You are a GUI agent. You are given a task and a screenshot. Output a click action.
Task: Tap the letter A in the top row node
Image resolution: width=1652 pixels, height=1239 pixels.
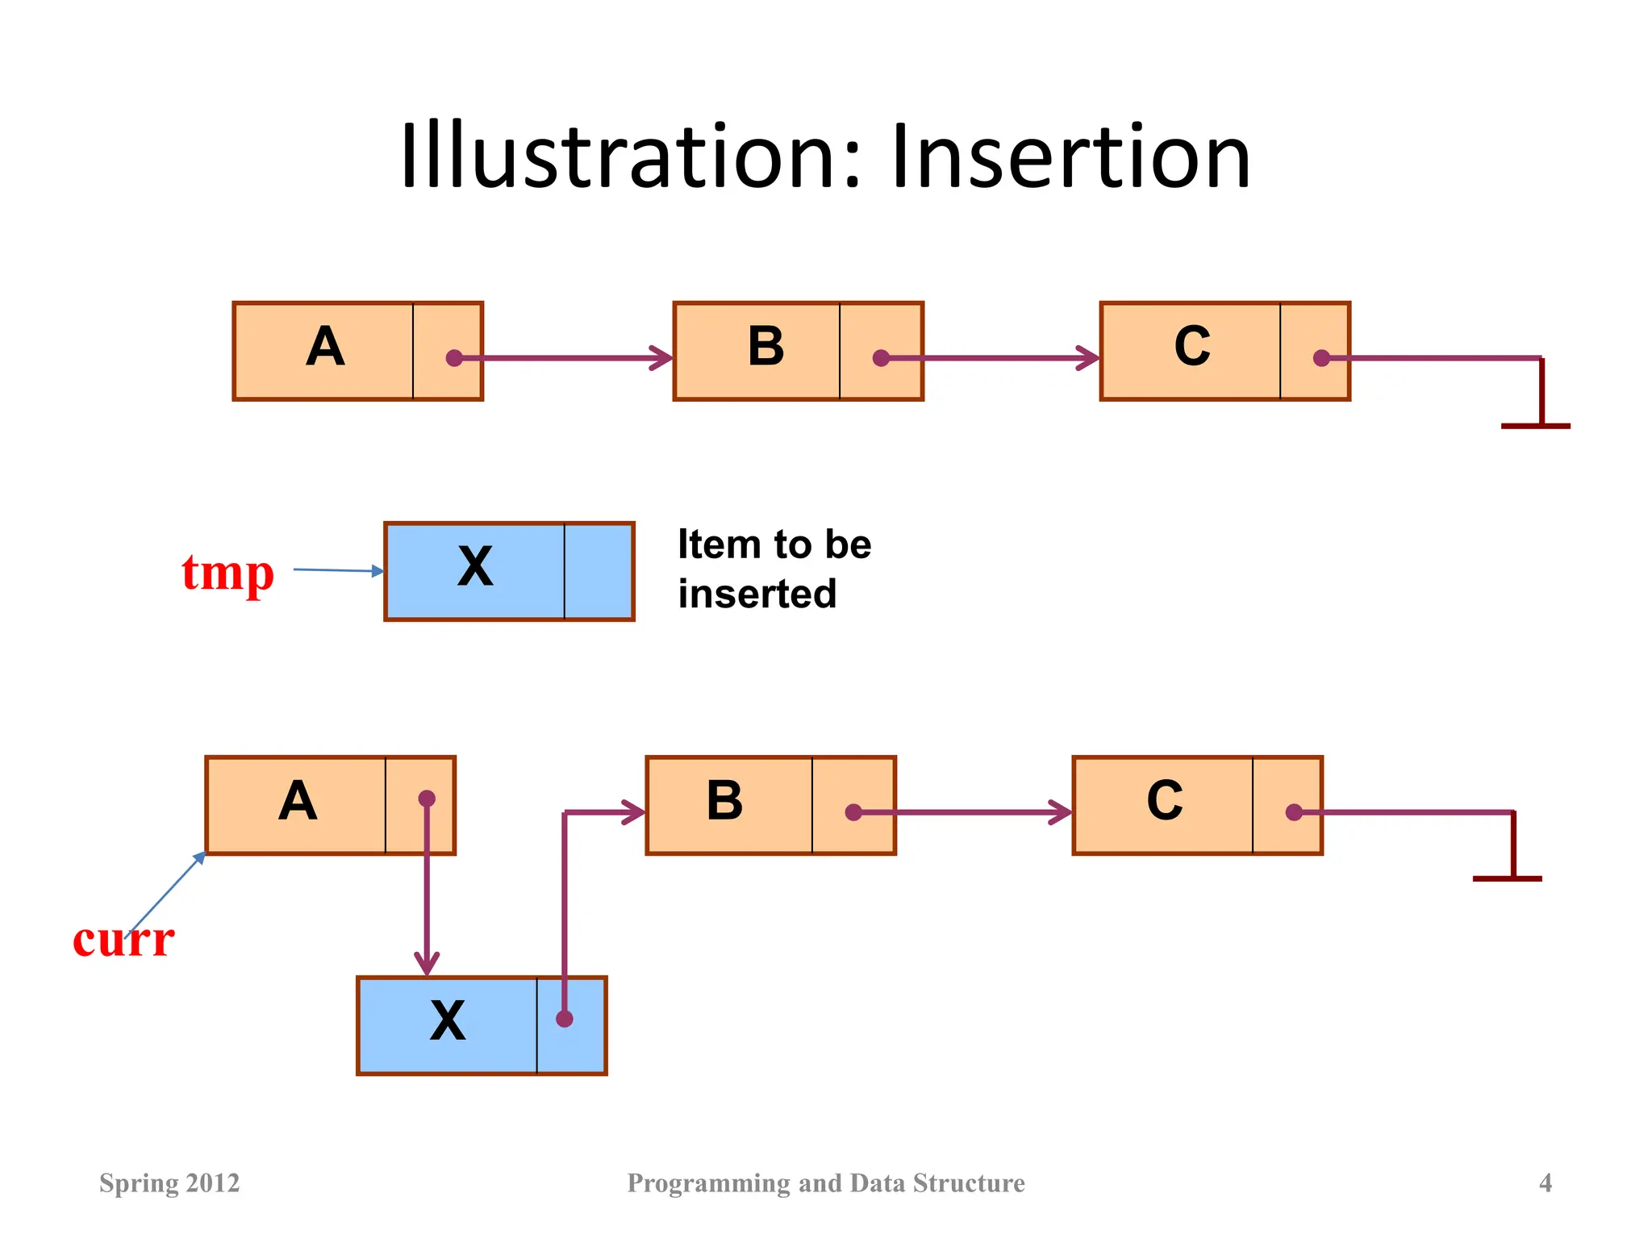click(325, 347)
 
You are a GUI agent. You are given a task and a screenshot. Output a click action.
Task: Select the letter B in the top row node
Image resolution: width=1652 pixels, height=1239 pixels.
click(766, 347)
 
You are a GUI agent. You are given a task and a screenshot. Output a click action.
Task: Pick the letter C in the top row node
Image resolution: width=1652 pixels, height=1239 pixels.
click(1192, 347)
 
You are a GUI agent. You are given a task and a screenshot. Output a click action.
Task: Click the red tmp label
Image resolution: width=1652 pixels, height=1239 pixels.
click(228, 574)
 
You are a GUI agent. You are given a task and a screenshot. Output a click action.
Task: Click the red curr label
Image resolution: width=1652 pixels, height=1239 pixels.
click(123, 941)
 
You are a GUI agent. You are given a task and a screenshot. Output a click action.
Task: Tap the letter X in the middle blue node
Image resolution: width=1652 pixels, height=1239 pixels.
click(475, 566)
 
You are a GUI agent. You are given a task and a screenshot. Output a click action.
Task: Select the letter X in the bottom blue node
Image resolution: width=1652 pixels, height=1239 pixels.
click(448, 1020)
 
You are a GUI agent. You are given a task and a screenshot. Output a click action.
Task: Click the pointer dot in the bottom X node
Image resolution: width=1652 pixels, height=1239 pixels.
click(565, 1019)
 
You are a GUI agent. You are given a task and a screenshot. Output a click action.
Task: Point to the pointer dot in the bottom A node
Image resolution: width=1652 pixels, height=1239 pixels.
click(427, 799)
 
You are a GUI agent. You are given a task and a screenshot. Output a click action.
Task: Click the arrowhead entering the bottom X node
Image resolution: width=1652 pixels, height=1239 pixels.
click(427, 964)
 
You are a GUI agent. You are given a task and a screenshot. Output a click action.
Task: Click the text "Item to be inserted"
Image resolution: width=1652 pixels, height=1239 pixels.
click(774, 569)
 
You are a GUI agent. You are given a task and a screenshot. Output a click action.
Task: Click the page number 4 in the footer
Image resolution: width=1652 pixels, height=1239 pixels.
click(1546, 1183)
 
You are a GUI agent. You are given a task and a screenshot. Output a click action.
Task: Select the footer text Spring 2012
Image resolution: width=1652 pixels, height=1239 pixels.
click(169, 1183)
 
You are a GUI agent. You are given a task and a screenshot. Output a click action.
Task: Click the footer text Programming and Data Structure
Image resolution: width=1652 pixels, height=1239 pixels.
click(826, 1183)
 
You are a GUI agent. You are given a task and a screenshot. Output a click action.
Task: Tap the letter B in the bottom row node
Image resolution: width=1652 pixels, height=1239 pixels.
click(724, 801)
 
